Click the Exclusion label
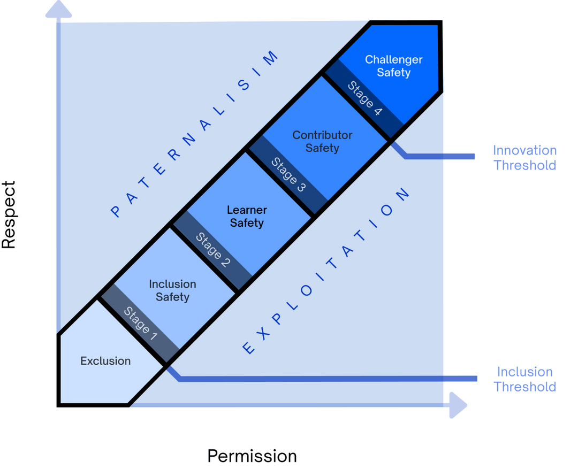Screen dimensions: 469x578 pos(105,361)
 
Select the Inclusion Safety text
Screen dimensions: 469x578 pos(172,290)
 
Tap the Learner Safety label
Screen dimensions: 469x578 pos(247,216)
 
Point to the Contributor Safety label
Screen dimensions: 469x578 pos(322,141)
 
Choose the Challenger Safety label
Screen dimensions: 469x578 pos(393,66)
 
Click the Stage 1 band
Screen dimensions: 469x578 pos(140,324)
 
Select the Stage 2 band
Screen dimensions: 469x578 pos(213,250)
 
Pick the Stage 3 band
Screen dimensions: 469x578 pos(288,175)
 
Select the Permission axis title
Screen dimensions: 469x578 pos(252,456)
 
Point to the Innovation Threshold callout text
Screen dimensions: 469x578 pos(524,158)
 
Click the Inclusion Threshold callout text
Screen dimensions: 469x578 pos(524,379)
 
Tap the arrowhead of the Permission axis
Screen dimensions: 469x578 pos(457,405)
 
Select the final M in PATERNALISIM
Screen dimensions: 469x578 pos(272,57)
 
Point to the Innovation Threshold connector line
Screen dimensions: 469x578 pos(439,156)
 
